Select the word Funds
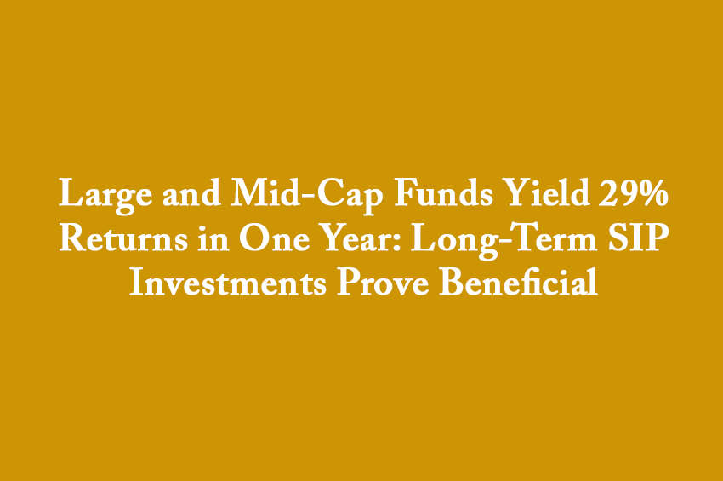(443, 192)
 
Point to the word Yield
(546, 192)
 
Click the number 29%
(634, 192)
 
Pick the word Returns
(123, 238)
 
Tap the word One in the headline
(274, 238)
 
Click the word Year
(358, 238)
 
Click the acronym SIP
(639, 238)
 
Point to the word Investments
(228, 282)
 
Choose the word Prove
(383, 282)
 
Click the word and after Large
(191, 192)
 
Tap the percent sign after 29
(652, 192)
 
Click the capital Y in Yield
(518, 192)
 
